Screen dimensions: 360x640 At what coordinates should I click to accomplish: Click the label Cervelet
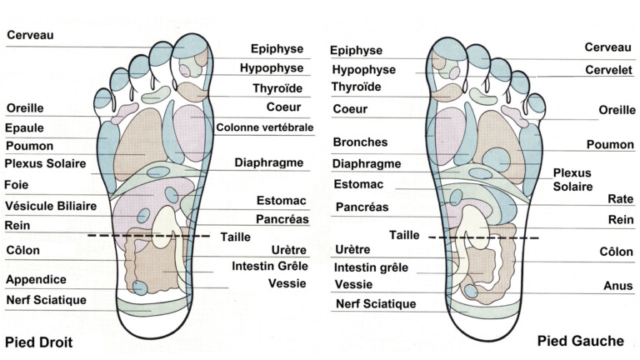tap(606, 70)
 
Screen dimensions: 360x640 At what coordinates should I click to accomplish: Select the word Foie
tap(18, 184)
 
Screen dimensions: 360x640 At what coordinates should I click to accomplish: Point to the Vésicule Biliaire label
tap(51, 205)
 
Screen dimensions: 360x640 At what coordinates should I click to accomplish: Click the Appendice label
tap(36, 279)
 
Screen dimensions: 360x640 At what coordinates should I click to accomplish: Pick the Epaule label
tap(25, 127)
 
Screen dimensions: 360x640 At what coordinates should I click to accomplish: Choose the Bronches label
tap(359, 142)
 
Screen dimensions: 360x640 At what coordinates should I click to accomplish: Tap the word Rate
tap(620, 200)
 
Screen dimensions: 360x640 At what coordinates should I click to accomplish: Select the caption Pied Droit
tap(38, 341)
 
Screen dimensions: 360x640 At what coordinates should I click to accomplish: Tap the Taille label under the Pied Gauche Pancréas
tap(404, 234)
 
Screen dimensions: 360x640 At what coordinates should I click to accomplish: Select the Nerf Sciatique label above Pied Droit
tap(46, 300)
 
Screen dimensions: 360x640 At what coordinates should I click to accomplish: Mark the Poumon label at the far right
tap(611, 145)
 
